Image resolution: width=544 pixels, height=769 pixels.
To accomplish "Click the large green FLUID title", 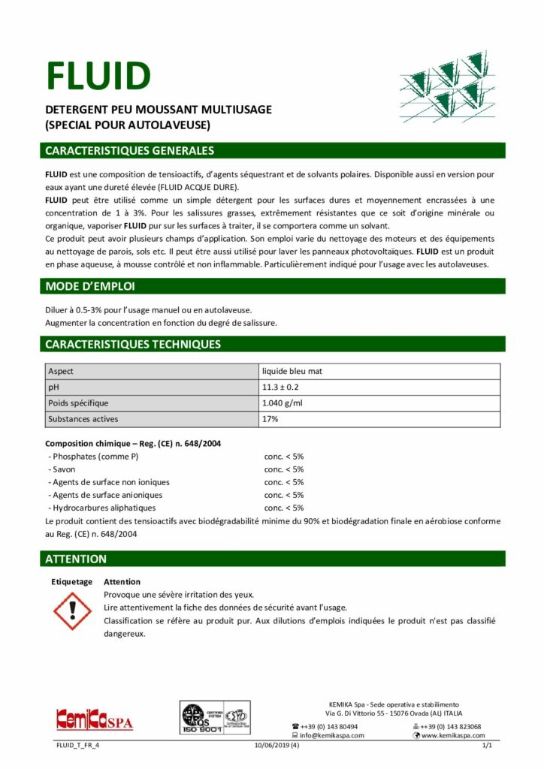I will point(98,75).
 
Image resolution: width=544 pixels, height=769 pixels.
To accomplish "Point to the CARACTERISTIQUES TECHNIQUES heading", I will point(133,345).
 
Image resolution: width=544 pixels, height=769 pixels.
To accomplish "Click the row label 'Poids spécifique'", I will point(78,403).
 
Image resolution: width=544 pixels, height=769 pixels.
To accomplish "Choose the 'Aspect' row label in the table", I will point(61,372).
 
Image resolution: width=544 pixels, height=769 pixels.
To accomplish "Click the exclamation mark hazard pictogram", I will point(73,611).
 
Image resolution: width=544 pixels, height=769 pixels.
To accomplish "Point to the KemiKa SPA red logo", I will point(94,722).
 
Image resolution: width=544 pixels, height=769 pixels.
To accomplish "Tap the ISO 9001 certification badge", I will point(214,722).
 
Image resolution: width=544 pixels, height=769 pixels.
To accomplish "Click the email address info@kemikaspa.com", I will point(332,736).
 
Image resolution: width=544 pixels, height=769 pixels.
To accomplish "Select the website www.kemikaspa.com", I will point(453,736).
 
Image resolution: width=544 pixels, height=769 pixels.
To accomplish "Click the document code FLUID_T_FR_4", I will point(78,746).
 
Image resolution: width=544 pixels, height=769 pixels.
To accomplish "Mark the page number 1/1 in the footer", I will point(486,746).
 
